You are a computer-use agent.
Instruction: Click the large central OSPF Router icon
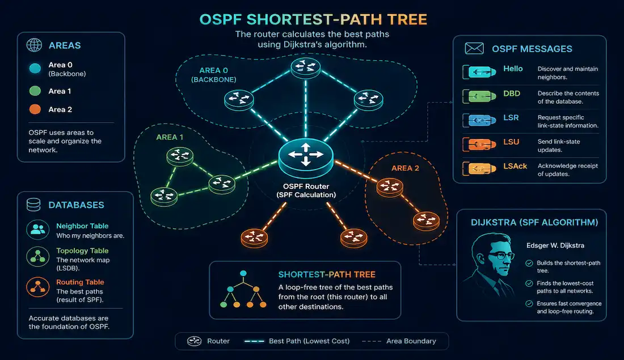point(306,158)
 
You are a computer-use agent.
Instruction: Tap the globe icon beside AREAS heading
point(34,45)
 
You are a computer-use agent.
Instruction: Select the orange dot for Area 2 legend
point(35,109)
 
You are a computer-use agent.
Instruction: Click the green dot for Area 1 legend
point(35,91)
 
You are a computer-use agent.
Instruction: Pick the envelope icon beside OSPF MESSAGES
point(474,49)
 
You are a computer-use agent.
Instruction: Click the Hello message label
point(513,69)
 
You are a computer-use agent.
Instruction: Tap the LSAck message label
point(515,166)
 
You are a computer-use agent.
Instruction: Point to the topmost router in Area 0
point(306,67)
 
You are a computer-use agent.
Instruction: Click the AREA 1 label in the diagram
point(170,137)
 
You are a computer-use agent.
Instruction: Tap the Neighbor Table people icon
point(38,230)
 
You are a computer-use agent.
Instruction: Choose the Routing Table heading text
point(80,282)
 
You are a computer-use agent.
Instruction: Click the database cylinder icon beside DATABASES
point(33,205)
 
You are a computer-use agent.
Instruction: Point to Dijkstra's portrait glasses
point(501,255)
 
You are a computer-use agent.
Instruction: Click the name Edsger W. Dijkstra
point(555,245)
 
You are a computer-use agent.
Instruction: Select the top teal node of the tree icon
point(243,273)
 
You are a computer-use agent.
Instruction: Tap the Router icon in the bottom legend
point(194,341)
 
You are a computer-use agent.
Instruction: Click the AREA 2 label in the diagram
point(405,168)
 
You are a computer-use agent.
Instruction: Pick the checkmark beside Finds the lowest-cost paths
point(529,283)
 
